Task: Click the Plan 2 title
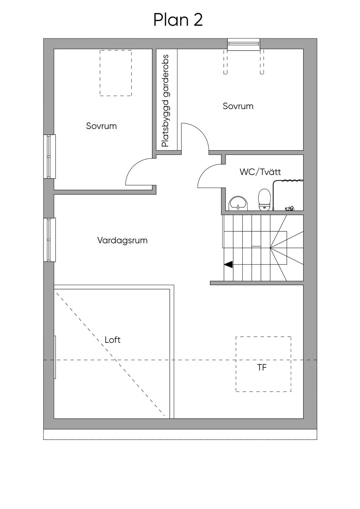[178, 20]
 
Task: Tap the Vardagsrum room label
[122, 241]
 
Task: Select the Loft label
[112, 340]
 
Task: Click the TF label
[262, 368]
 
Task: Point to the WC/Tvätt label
[260, 172]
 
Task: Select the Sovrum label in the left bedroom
[101, 126]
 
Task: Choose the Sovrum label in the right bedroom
[238, 106]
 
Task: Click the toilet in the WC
[264, 199]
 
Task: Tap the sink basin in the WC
[238, 203]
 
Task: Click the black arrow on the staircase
[228, 264]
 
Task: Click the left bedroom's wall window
[50, 156]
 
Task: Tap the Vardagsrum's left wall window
[50, 240]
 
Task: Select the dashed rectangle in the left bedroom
[116, 73]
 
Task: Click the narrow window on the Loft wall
[55, 357]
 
